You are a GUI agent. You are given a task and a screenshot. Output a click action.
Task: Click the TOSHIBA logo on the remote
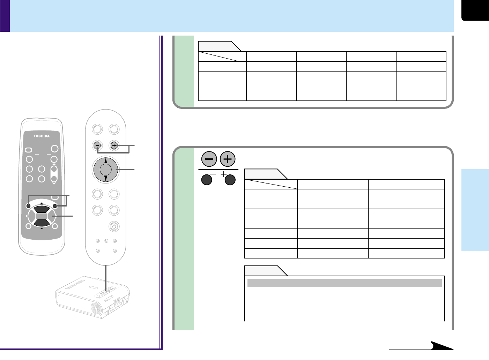[42, 136]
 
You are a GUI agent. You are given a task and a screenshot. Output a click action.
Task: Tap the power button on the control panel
[114, 226]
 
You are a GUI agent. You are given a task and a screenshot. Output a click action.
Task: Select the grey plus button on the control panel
[114, 145]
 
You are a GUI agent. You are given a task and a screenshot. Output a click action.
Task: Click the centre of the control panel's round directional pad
[106, 170]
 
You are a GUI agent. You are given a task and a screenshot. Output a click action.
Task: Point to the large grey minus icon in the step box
[209, 159]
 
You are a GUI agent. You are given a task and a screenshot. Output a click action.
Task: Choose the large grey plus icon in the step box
[228, 159]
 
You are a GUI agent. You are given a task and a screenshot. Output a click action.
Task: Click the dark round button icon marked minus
[207, 180]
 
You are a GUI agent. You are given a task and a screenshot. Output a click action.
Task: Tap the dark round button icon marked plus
[230, 180]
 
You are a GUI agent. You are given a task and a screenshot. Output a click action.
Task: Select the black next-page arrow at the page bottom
[441, 346]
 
